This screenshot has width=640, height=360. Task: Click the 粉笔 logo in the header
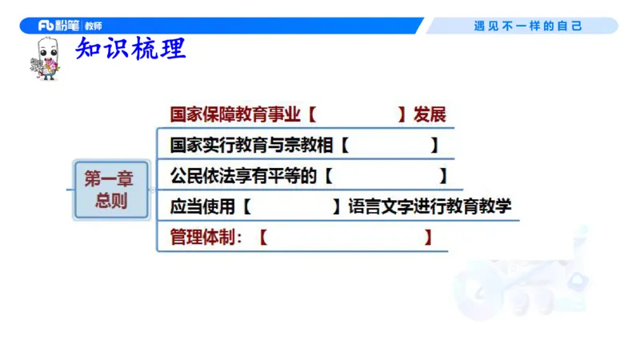point(58,26)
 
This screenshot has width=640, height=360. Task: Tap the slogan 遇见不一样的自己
point(528,26)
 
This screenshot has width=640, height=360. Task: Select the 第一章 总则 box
point(111,190)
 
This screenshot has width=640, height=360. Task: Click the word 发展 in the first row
point(429,114)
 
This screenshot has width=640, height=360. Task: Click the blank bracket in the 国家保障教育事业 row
point(357,114)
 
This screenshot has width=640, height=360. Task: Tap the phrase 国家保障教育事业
point(235,114)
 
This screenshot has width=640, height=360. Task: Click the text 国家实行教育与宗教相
point(251,146)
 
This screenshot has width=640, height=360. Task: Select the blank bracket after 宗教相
point(389,146)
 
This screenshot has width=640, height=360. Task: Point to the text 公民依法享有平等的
point(243,176)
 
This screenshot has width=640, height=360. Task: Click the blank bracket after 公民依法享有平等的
point(386,176)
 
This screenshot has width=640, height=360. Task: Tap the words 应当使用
point(202,206)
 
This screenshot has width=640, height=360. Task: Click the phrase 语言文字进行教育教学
point(430,206)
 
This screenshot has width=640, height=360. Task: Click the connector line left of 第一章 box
point(69,190)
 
